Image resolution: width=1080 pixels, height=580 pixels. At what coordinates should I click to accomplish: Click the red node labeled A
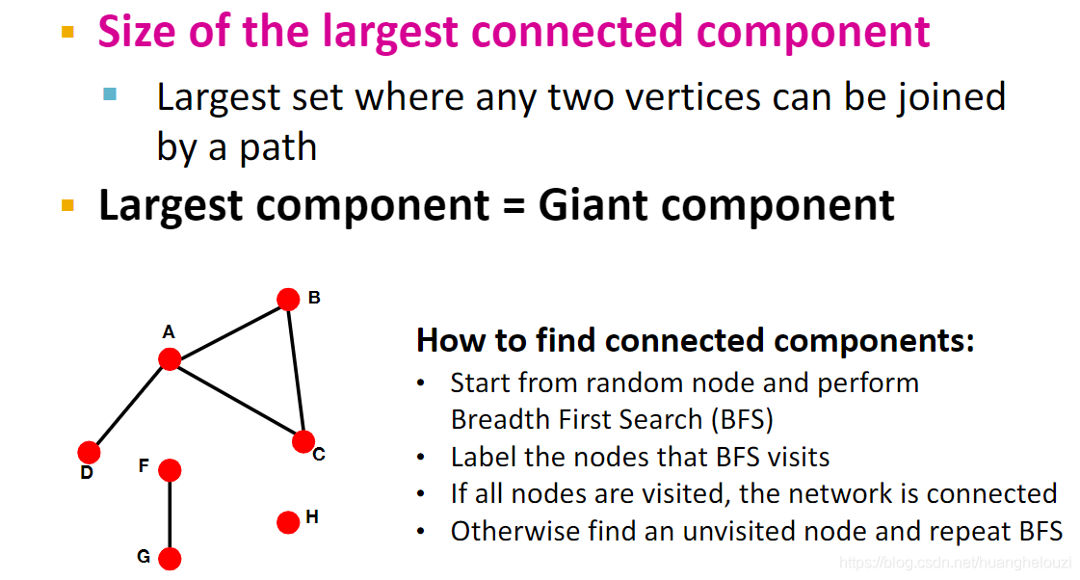point(170,359)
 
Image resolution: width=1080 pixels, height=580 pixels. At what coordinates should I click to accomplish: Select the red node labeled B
point(288,300)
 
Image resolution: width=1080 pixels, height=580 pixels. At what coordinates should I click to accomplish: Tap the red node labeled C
point(303,442)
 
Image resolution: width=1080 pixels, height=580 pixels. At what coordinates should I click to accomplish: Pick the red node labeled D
point(89,452)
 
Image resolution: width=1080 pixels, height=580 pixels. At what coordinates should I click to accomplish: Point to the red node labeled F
point(170,470)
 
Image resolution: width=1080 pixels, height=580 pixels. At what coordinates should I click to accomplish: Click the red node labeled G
point(170,559)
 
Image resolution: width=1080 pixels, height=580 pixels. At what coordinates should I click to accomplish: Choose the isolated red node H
point(288,522)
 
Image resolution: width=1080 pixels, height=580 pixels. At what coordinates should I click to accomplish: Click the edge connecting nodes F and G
point(170,514)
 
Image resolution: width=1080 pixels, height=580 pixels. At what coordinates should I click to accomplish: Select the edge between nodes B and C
point(296,371)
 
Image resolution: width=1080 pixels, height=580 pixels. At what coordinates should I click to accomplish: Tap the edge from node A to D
point(129,406)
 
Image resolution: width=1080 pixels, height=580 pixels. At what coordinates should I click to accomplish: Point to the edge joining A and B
point(229,330)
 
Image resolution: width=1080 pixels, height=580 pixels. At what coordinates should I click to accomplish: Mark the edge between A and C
point(236,401)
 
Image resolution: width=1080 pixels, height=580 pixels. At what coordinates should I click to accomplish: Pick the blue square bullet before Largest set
point(110,94)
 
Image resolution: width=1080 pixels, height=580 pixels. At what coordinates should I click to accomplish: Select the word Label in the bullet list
point(483,457)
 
